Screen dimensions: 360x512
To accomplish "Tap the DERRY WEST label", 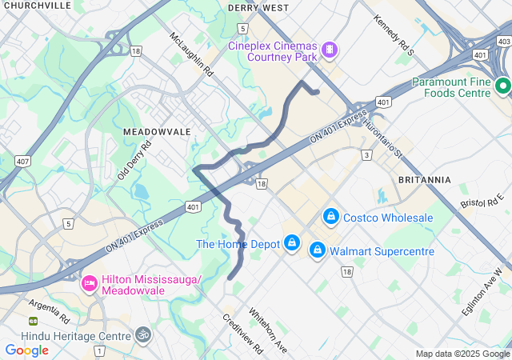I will (x=258, y=8).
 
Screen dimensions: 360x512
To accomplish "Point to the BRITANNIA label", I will (x=424, y=180).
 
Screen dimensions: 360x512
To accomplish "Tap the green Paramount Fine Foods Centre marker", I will (x=502, y=86).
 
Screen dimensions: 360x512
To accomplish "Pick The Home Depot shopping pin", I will (x=292, y=243).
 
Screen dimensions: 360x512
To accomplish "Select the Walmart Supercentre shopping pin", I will (x=318, y=251).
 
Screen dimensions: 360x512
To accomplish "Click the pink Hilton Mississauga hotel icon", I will (x=90, y=283).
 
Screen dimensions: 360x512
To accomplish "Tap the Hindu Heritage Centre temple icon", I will (x=143, y=334).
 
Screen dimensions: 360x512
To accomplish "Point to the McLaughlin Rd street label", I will (x=193, y=54).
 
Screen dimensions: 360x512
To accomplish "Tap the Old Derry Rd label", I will (x=134, y=161).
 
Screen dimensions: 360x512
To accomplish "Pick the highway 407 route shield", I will (x=22, y=161).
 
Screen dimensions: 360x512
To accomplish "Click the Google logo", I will (x=27, y=350).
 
